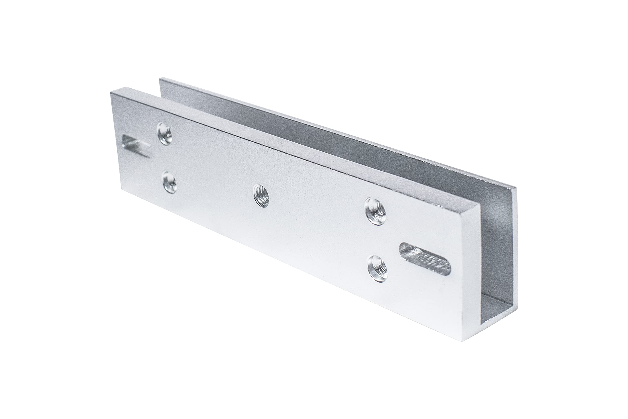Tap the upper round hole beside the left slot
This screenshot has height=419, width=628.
pyautogui.click(x=164, y=136)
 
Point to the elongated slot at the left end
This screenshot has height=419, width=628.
pyautogui.click(x=135, y=146)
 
